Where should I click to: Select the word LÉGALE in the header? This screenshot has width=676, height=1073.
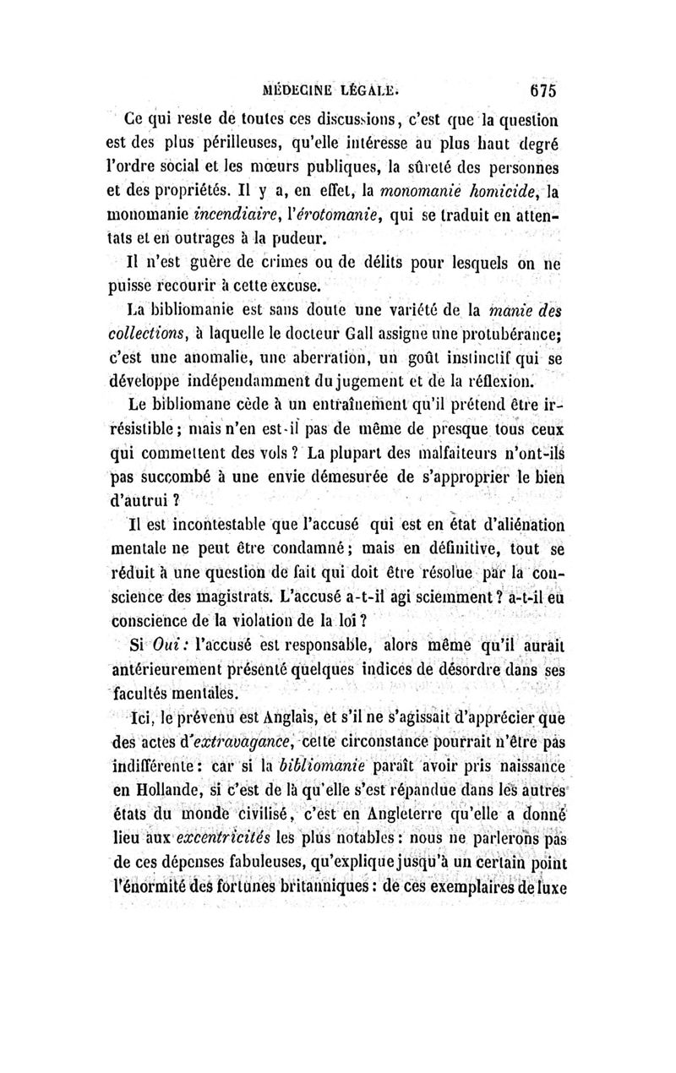378,88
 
